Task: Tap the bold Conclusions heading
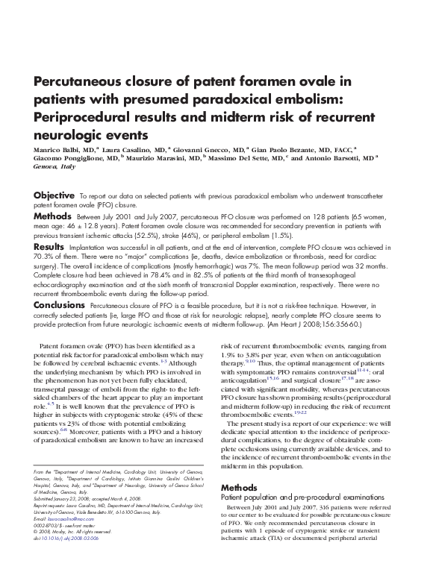pos(59,306)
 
